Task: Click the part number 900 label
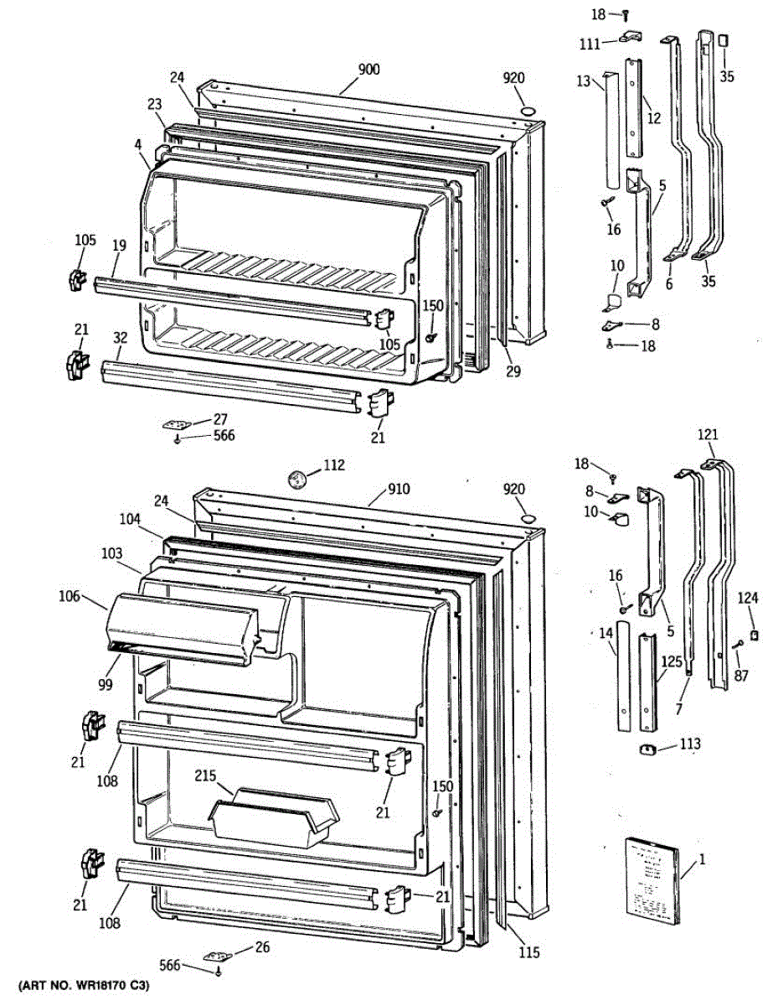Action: [x=368, y=70]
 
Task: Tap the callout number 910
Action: [x=399, y=490]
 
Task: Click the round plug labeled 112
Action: [x=296, y=480]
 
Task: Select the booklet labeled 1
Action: [x=651, y=882]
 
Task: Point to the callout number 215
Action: [x=206, y=776]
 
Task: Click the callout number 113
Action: [x=690, y=744]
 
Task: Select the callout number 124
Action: [x=747, y=599]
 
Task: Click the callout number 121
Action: [x=708, y=434]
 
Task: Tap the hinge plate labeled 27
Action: [x=178, y=424]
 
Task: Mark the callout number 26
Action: [x=262, y=948]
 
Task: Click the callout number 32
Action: [x=121, y=338]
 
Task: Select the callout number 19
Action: [x=119, y=246]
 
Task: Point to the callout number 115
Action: [x=528, y=952]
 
